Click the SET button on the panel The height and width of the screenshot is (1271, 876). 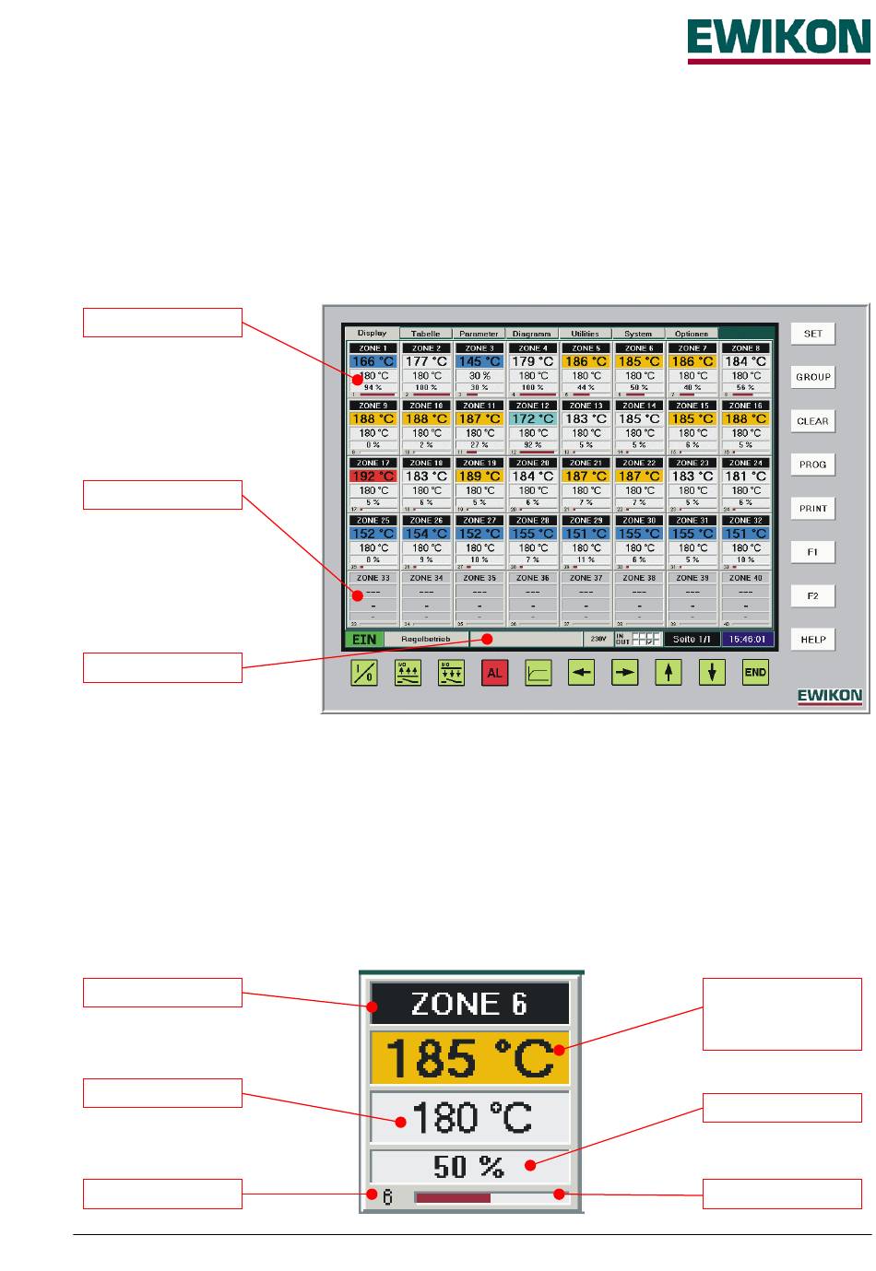tap(812, 334)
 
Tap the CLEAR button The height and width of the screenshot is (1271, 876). tap(812, 421)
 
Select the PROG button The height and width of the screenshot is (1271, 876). tap(812, 465)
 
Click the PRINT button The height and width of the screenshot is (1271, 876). tap(812, 509)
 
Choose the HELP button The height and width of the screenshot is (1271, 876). tap(812, 640)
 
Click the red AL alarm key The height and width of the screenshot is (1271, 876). tap(494, 673)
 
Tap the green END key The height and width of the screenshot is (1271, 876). tap(755, 673)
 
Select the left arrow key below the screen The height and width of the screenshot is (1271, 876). tap(581, 673)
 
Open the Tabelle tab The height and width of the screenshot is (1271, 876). tap(425, 334)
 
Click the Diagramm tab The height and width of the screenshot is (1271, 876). tap(531, 334)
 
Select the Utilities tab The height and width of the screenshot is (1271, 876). tap(585, 334)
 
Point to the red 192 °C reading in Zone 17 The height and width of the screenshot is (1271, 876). tap(373, 477)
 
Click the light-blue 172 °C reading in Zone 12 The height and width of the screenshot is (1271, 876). tap(532, 418)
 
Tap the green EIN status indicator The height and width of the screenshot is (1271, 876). tap(364, 639)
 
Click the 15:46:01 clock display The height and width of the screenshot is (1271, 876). tap(746, 639)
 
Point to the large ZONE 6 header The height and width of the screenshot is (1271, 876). tap(469, 1004)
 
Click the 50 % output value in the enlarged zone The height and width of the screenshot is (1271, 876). tap(469, 1167)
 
